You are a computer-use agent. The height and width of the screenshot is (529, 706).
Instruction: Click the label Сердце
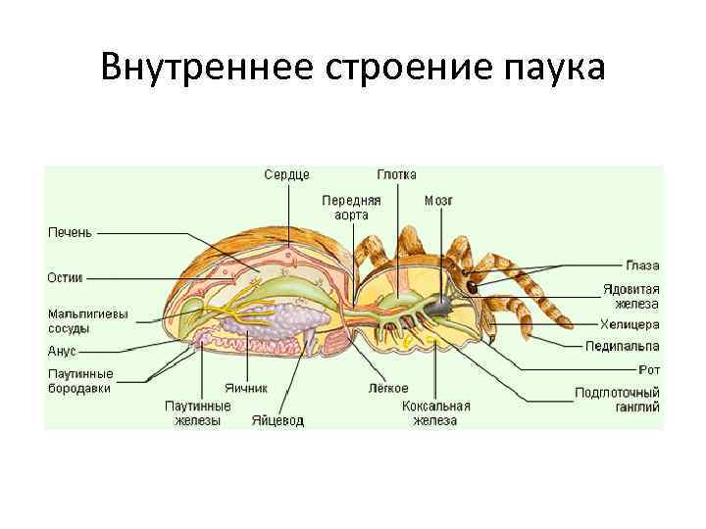(286, 174)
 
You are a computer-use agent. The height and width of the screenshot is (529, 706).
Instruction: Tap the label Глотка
(396, 174)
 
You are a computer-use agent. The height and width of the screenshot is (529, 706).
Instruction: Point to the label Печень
(71, 233)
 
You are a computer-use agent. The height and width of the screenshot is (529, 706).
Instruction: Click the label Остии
(65, 277)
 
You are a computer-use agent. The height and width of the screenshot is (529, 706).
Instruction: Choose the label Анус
(62, 350)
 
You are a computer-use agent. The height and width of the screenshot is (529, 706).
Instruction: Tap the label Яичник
(245, 388)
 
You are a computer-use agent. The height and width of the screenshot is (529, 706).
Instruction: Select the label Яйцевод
(277, 420)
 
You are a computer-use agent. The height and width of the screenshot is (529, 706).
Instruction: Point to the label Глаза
(643, 265)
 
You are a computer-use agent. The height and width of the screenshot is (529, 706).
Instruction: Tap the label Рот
(648, 369)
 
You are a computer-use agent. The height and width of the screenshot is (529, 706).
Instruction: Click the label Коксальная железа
(435, 412)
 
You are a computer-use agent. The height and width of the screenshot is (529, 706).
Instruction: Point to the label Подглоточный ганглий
(617, 400)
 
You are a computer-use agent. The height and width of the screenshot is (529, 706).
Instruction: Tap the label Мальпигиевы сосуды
(88, 321)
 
